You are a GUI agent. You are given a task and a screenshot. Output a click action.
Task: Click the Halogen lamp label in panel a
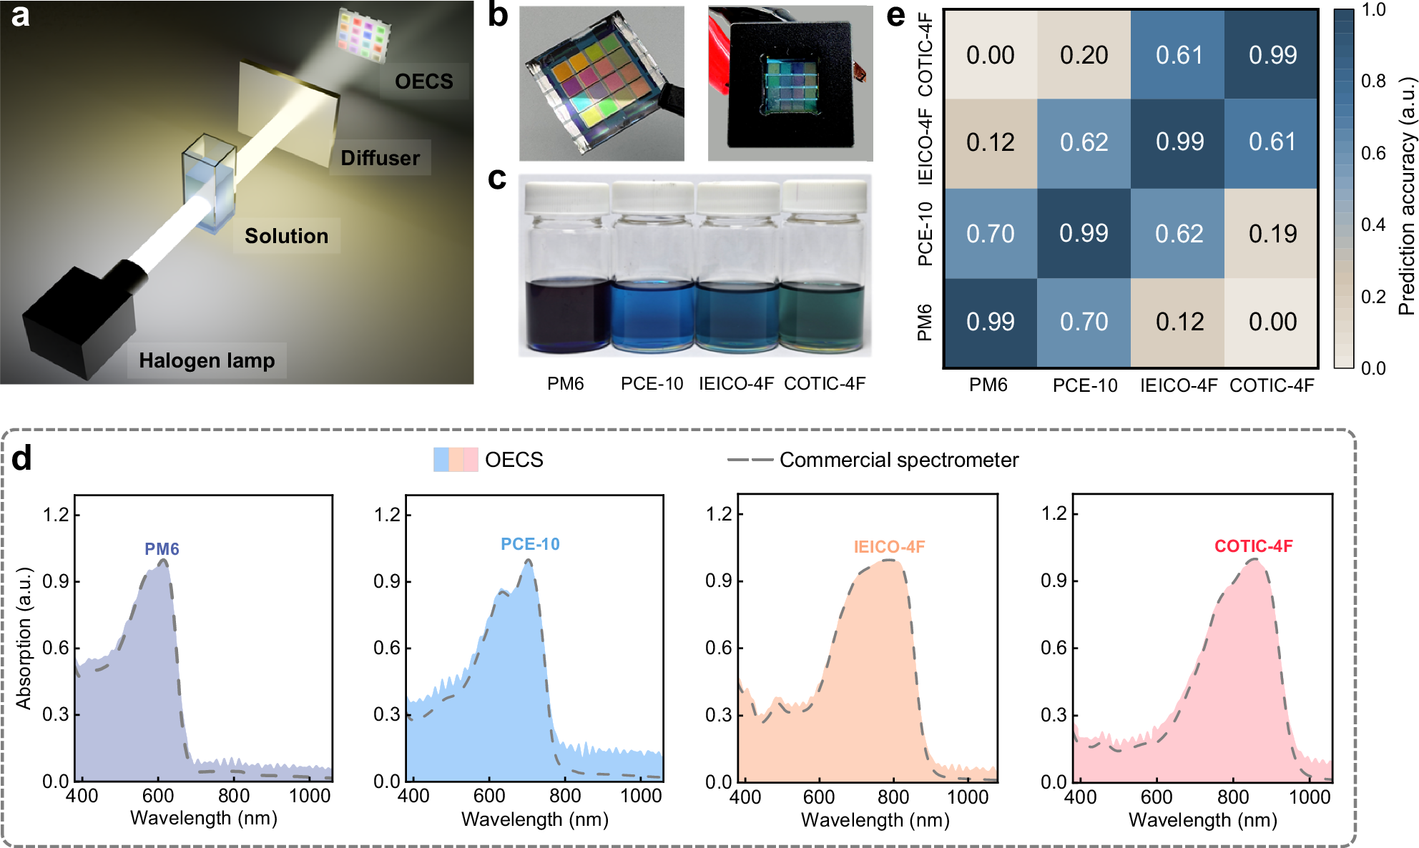(207, 360)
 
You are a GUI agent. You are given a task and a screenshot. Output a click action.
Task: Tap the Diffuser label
(380, 158)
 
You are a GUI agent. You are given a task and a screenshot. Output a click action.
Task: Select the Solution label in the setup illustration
(286, 236)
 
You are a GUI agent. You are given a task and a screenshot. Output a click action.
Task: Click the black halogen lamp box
(79, 322)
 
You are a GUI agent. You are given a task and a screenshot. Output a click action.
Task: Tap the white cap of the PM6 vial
(566, 197)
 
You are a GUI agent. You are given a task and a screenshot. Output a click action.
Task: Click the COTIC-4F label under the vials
(825, 384)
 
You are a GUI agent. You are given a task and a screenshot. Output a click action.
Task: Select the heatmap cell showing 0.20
(1084, 55)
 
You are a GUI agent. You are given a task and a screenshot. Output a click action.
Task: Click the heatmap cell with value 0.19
(1272, 234)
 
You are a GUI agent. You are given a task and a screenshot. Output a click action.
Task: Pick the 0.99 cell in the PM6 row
(990, 322)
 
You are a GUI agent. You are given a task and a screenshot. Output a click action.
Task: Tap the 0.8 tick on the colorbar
(1373, 82)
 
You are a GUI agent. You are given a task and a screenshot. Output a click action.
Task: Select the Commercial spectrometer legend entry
(898, 460)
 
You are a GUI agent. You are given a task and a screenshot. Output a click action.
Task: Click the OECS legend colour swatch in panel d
(456, 460)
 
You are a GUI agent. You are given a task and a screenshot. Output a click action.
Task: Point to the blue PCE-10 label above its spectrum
(530, 544)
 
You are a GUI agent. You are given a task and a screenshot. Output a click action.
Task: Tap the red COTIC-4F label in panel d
(1253, 546)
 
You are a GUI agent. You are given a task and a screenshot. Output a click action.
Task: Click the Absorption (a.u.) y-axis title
(24, 638)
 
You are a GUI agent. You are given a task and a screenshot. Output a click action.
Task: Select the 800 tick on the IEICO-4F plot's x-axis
(893, 797)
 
